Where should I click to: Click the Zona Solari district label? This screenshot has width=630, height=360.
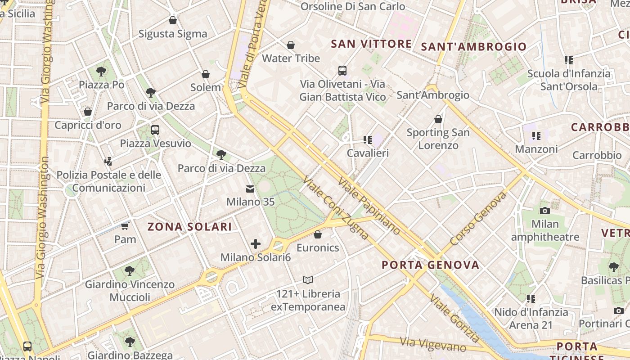[x=190, y=227]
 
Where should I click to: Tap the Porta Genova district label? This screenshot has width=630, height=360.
[x=431, y=265]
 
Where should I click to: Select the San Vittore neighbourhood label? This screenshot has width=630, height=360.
[x=371, y=44]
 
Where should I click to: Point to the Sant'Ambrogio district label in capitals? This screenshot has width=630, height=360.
[x=473, y=47]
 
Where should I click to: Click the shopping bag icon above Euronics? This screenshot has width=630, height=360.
[x=318, y=234]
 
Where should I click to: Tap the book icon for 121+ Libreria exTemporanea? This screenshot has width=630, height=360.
[x=308, y=280]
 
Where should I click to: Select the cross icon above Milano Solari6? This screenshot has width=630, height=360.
[x=256, y=244]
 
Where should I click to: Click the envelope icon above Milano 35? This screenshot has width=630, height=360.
[x=250, y=189]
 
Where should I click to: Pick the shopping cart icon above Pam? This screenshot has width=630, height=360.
[x=125, y=226]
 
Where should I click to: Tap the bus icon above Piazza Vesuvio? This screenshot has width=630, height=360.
[x=155, y=130]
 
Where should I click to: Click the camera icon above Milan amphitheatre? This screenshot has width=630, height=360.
[x=545, y=211]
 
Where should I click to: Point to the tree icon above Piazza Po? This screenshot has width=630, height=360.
[x=101, y=71]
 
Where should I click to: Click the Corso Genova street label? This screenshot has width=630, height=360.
[x=478, y=218]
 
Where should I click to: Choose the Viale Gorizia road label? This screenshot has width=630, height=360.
[x=454, y=318]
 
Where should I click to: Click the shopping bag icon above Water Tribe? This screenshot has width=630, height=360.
[x=291, y=45]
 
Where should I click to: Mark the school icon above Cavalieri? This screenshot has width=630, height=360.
[x=368, y=140]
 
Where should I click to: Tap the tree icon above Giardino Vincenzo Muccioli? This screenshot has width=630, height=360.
[x=130, y=271]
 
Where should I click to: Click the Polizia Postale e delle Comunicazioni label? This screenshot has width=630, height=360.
[x=108, y=181]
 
